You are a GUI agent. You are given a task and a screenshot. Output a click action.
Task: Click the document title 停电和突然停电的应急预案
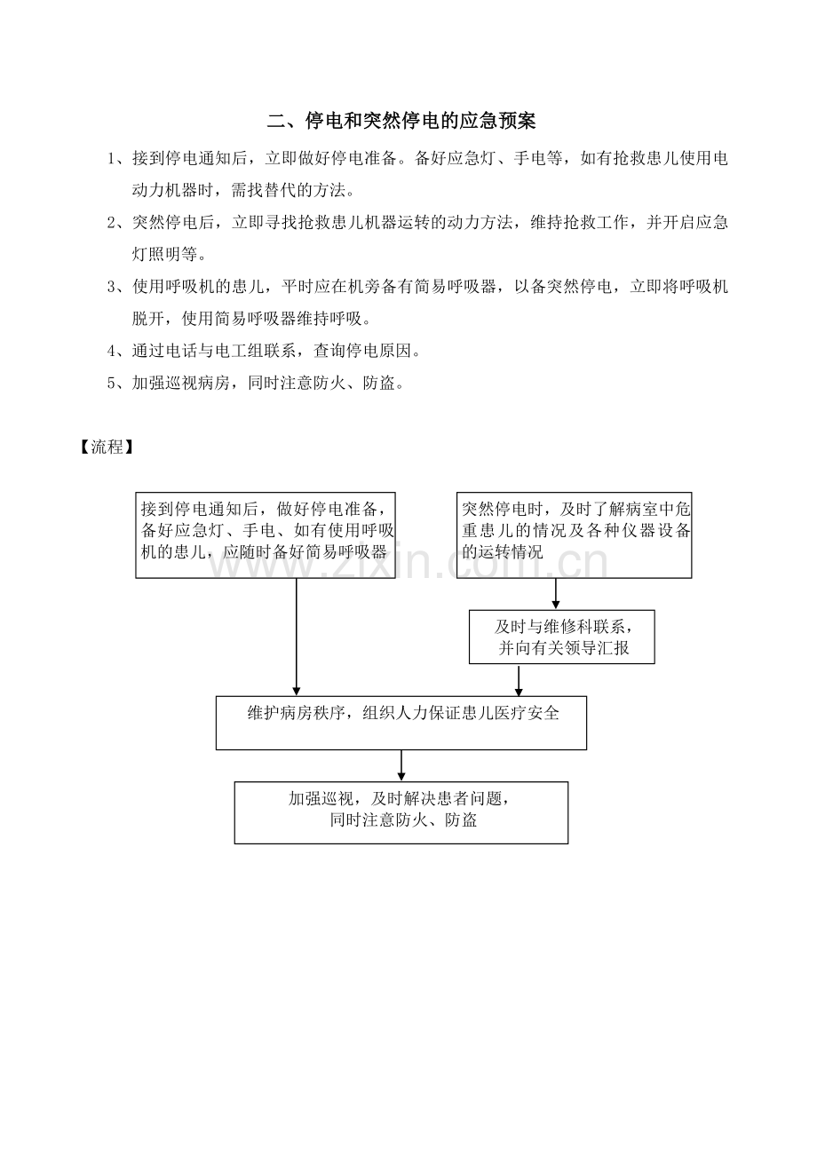pos(420,120)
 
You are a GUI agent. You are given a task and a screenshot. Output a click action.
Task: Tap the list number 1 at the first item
pos(111,158)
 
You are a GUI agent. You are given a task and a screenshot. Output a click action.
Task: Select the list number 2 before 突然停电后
pos(111,223)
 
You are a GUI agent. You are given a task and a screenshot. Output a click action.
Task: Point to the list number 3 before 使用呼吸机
pos(111,287)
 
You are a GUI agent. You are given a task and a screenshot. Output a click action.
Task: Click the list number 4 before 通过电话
pos(111,352)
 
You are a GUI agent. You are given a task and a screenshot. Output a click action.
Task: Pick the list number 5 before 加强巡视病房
pos(111,383)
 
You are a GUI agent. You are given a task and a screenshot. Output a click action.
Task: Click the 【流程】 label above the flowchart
pos(107,447)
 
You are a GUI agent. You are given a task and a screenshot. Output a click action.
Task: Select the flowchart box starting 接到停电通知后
pos(266,535)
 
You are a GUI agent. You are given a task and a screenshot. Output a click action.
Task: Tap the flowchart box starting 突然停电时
pos(574,535)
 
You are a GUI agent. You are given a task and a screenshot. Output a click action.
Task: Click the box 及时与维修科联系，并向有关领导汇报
pos(561,637)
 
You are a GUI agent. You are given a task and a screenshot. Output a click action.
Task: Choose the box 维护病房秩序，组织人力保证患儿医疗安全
pos(401,723)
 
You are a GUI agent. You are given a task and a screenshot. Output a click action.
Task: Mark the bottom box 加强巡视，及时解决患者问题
pos(401,812)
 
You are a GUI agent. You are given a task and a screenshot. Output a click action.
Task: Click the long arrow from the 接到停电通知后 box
pos(297,637)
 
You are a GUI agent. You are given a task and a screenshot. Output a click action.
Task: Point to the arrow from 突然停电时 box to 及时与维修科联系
pos(556,594)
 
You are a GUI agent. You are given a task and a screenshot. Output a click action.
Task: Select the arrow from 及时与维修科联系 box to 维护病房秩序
pos(519,680)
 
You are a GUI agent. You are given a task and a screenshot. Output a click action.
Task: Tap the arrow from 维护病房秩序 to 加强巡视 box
pos(401,766)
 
